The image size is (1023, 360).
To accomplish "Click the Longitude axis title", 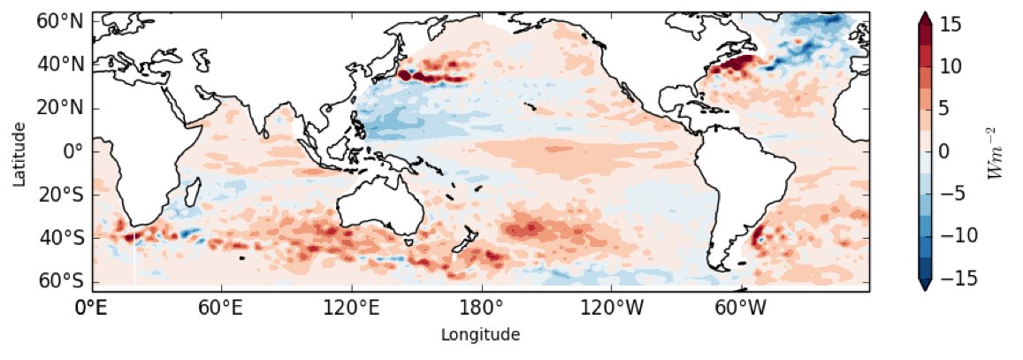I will pos(480,334).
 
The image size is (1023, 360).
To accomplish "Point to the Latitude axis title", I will pos(17,151).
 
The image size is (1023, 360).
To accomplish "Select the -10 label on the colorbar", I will pos(957,237).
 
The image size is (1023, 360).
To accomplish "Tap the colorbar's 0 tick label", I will pos(945,151).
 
